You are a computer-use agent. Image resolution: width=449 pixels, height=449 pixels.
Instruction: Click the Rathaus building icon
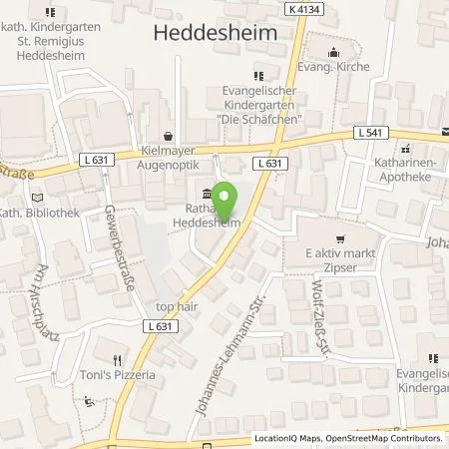point(207,194)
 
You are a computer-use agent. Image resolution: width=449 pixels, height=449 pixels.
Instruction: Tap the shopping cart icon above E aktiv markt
point(341,238)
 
